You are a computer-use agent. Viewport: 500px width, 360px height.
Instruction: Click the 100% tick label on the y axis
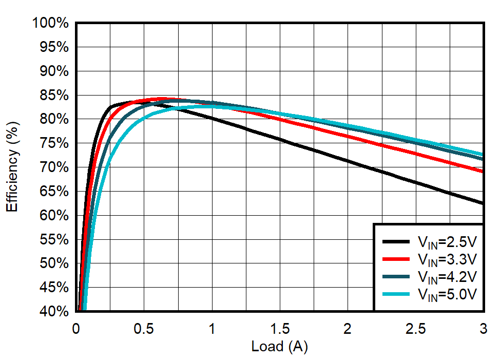pyautogui.click(x=50, y=23)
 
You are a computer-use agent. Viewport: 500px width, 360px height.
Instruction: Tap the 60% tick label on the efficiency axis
pyautogui.click(x=54, y=215)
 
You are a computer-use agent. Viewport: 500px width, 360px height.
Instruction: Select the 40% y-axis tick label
pyautogui.click(x=54, y=311)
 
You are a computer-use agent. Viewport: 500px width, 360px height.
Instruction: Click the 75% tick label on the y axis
pyautogui.click(x=54, y=143)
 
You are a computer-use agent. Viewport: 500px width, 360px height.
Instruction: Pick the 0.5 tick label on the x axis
pyautogui.click(x=144, y=328)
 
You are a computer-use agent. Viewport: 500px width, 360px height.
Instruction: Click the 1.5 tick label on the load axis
pyautogui.click(x=279, y=328)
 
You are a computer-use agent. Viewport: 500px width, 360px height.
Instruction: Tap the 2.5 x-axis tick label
pyautogui.click(x=415, y=328)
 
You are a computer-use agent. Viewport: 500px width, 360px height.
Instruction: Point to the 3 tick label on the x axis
pyautogui.click(x=483, y=328)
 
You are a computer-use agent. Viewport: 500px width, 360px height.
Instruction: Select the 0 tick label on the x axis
pyautogui.click(x=76, y=328)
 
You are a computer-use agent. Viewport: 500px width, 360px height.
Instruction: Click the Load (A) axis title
pyautogui.click(x=279, y=347)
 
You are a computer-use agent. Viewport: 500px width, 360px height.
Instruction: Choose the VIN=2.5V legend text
pyautogui.click(x=447, y=242)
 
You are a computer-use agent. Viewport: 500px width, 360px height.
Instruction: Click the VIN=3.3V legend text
pyautogui.click(x=447, y=259)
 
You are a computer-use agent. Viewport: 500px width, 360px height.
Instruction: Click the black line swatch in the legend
pyautogui.click(x=396, y=242)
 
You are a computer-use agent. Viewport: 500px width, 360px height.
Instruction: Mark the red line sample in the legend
pyautogui.click(x=396, y=259)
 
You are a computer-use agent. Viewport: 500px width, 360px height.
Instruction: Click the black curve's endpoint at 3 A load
pyautogui.click(x=483, y=203)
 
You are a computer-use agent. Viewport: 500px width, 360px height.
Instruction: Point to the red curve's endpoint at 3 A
pyautogui.click(x=483, y=171)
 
